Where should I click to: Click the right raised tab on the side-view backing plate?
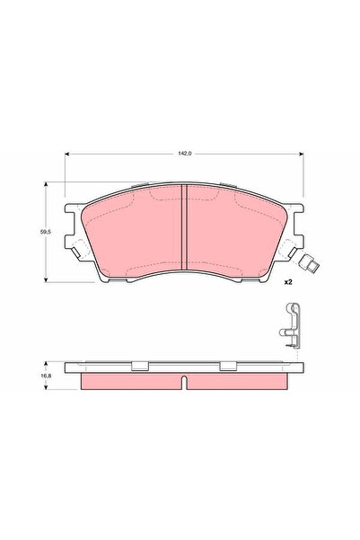pyautogui.click(x=228, y=366)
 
